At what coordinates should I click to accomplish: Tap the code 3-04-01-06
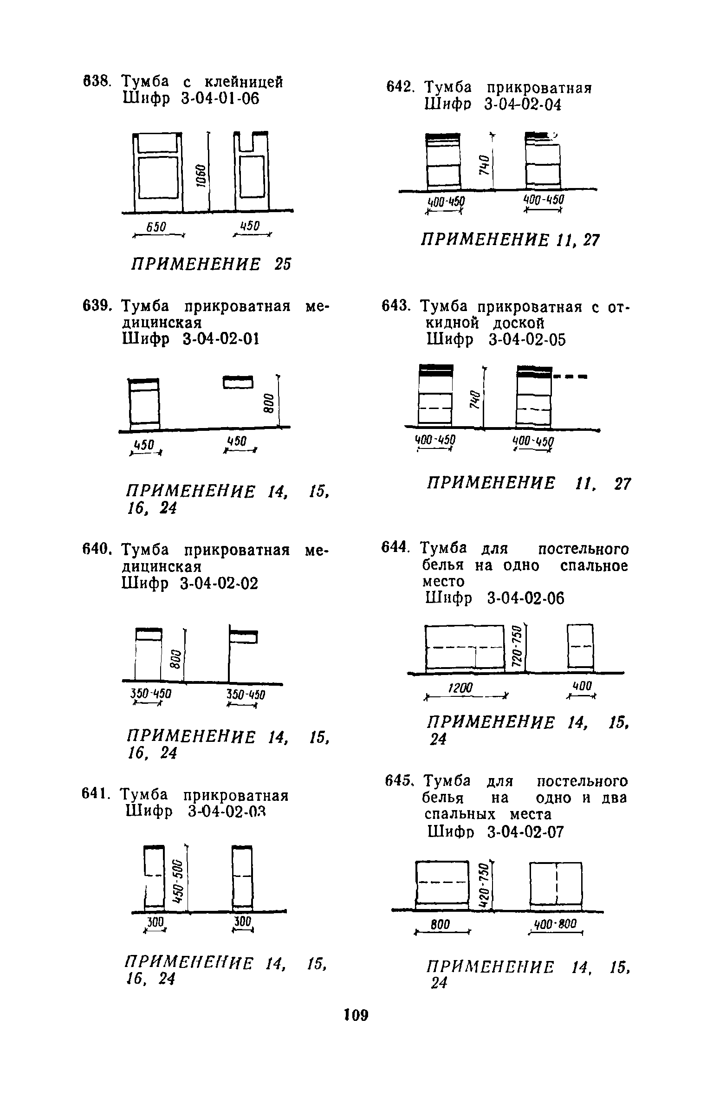tap(220, 98)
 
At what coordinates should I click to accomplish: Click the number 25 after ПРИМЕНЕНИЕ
tap(282, 264)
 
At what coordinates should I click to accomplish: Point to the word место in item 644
tap(443, 582)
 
